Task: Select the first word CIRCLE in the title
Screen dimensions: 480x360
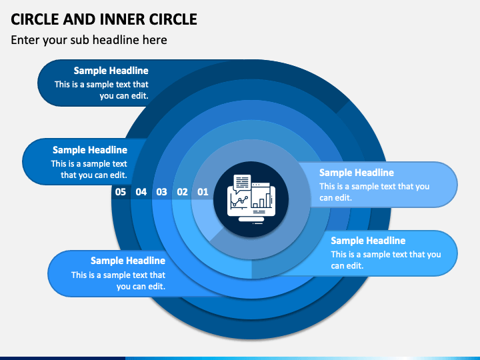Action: click(x=35, y=19)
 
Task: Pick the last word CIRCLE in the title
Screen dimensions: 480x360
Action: click(x=173, y=19)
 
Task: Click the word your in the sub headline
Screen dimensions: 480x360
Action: click(x=55, y=41)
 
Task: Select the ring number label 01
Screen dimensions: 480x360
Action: click(x=203, y=192)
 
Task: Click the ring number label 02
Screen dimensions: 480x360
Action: click(x=182, y=192)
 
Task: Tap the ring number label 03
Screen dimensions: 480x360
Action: click(x=161, y=192)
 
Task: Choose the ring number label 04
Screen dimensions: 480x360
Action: click(x=141, y=192)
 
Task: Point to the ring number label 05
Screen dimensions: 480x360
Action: click(x=121, y=192)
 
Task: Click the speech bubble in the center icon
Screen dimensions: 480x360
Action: click(x=242, y=183)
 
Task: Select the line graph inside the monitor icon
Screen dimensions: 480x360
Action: click(x=239, y=201)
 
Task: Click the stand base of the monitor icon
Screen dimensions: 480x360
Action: click(x=251, y=219)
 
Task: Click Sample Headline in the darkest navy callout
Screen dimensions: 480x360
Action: click(x=111, y=71)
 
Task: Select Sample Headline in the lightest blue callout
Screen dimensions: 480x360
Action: click(x=357, y=173)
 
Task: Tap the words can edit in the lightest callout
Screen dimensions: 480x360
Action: click(x=335, y=198)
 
